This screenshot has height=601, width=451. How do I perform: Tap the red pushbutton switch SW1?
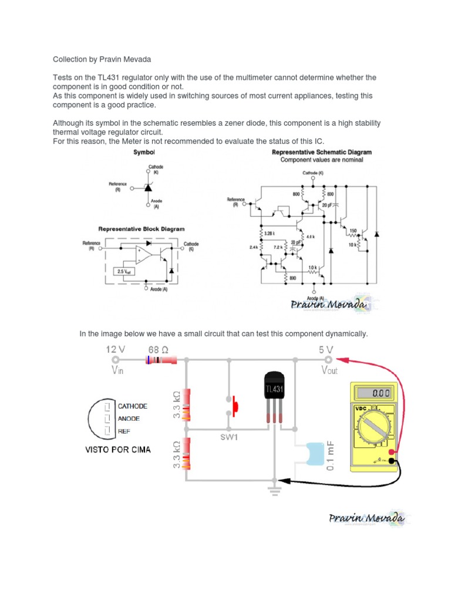pos(235,405)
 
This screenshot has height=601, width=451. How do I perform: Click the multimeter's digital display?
pos(373,393)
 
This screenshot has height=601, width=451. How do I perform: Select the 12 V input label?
pos(115,349)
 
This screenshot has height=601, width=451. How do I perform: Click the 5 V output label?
pos(326,349)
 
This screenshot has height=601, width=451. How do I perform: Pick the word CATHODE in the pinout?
pos(132,406)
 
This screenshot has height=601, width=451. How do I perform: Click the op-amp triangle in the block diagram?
pos(143,254)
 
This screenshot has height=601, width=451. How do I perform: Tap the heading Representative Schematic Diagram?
pos(321,152)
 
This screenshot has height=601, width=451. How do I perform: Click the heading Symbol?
pos(144,152)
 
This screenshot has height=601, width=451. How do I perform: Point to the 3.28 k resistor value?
pos(270,233)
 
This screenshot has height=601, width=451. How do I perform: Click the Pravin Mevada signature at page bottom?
pos(365,518)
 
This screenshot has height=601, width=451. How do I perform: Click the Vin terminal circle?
pos(115,360)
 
